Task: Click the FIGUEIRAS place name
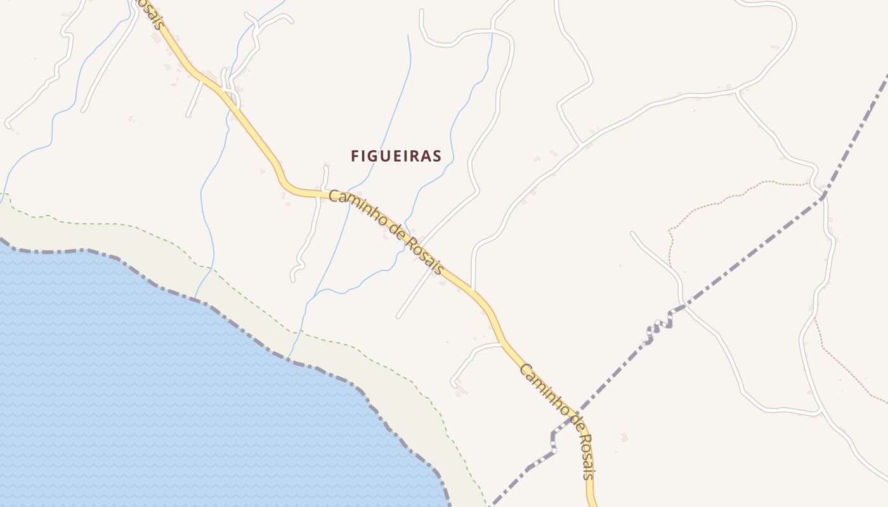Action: pos(396,156)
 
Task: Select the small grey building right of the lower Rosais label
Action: pos(624,437)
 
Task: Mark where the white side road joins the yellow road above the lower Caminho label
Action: pos(501,344)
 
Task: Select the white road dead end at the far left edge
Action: pos(8,124)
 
